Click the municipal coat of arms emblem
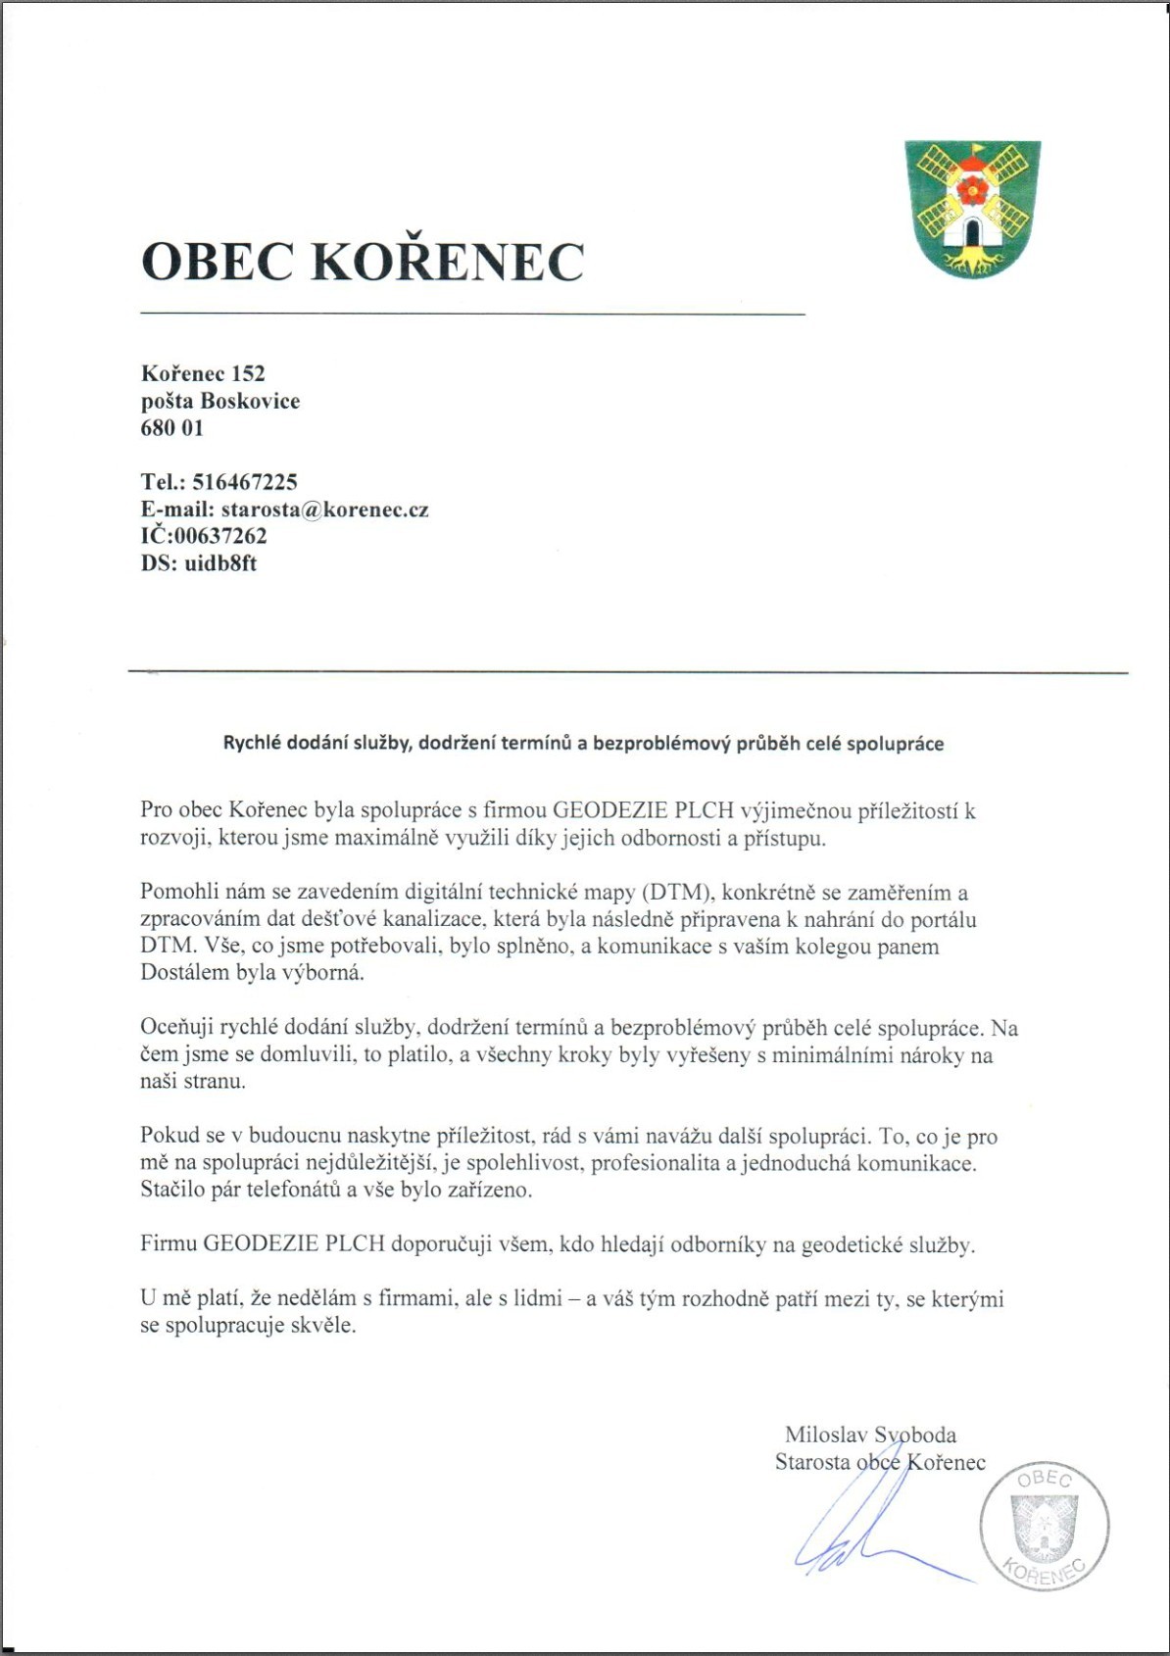point(972,208)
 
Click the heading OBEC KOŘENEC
point(363,262)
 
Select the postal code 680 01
point(172,428)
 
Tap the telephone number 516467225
point(245,482)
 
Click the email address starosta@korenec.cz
point(324,510)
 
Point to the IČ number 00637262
point(220,536)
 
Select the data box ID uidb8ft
point(220,563)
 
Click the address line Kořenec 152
point(203,373)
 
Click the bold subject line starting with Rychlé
point(583,744)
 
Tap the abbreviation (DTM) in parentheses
point(676,893)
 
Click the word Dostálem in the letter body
point(185,974)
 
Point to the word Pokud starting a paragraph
point(169,1137)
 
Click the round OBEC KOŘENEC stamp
point(1045,1527)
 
